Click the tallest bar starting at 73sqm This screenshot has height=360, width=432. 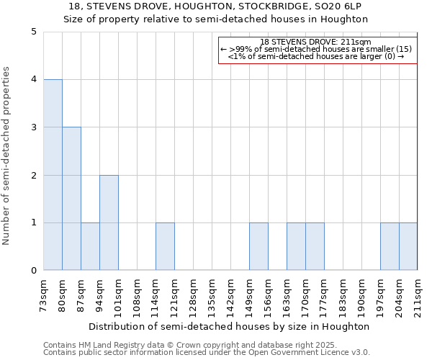(x=53, y=175)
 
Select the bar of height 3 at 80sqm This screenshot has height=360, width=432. (x=71, y=199)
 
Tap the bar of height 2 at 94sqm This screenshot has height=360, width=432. (x=109, y=222)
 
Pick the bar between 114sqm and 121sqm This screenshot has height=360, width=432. (x=165, y=246)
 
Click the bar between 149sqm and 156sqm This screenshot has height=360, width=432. (x=258, y=246)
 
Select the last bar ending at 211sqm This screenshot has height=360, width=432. (x=408, y=246)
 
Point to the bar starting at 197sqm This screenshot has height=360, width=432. (x=390, y=246)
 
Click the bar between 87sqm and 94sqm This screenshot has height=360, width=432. (x=90, y=246)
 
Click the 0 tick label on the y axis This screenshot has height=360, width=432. (x=34, y=271)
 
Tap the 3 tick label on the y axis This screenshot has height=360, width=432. (x=34, y=127)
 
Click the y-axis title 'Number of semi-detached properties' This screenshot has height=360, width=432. (x=6, y=156)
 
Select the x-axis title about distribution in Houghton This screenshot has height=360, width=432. (x=230, y=326)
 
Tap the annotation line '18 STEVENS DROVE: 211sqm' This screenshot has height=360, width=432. (x=317, y=42)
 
